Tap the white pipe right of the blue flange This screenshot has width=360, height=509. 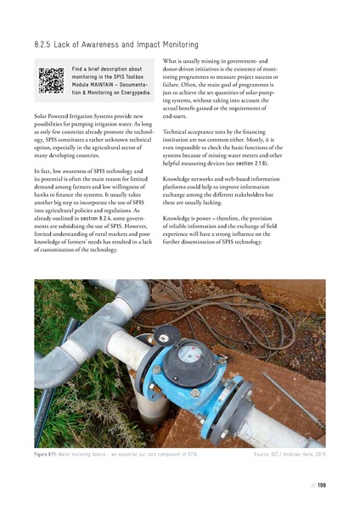point(280,428)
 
